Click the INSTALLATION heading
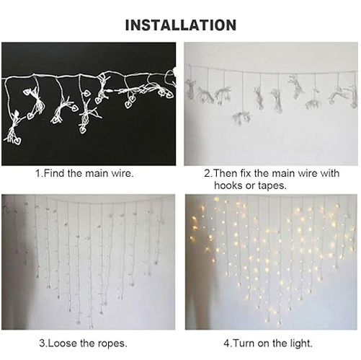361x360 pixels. click(180, 25)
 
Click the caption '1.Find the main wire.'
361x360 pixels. click(84, 174)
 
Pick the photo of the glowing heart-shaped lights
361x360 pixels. click(270, 262)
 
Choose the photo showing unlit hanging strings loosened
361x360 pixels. click(89, 262)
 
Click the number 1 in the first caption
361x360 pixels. click(38, 174)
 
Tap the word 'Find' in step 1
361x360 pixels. click(53, 174)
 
